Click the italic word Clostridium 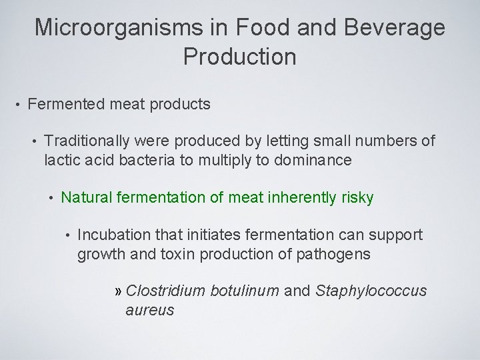(x=165, y=291)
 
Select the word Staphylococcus (x=372, y=291)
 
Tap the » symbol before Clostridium (x=119, y=291)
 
